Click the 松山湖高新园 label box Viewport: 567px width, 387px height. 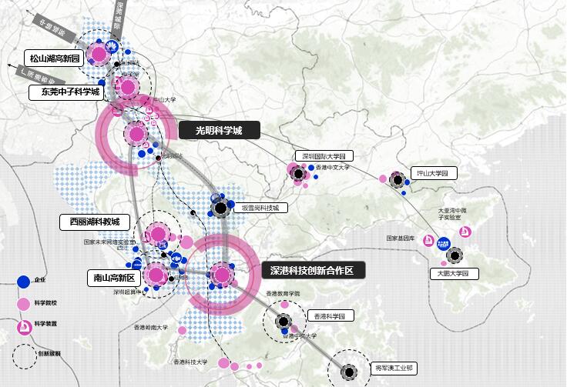[55, 58]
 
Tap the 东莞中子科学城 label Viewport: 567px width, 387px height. [65, 92]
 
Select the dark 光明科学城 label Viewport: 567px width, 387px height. [219, 131]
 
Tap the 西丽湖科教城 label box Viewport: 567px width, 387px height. [95, 222]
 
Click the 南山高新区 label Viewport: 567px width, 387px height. [113, 277]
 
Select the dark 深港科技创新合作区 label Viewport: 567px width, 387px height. [311, 271]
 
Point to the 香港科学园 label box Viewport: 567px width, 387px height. [331, 315]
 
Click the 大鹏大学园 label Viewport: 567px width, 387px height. [453, 274]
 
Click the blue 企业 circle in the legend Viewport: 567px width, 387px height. [23, 282]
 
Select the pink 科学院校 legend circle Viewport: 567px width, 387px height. [23, 304]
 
